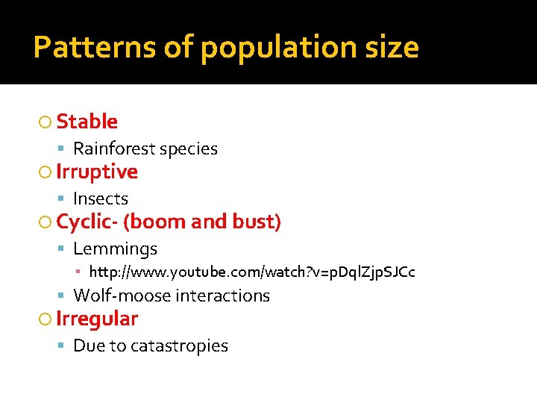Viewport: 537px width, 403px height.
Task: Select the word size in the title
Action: coord(394,48)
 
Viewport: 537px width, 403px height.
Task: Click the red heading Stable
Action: coord(87,122)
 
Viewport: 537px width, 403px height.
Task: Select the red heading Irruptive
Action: coord(97,172)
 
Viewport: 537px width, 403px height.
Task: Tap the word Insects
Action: coord(101,199)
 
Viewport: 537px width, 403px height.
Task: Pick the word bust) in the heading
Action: coord(257,222)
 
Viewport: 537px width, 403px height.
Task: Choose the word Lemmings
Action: coord(115,249)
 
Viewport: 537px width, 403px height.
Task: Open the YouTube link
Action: coord(252,272)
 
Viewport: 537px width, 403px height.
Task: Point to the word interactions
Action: coord(222,296)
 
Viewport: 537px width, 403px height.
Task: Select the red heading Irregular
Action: coord(97,319)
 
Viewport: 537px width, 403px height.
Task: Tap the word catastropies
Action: coord(179,346)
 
